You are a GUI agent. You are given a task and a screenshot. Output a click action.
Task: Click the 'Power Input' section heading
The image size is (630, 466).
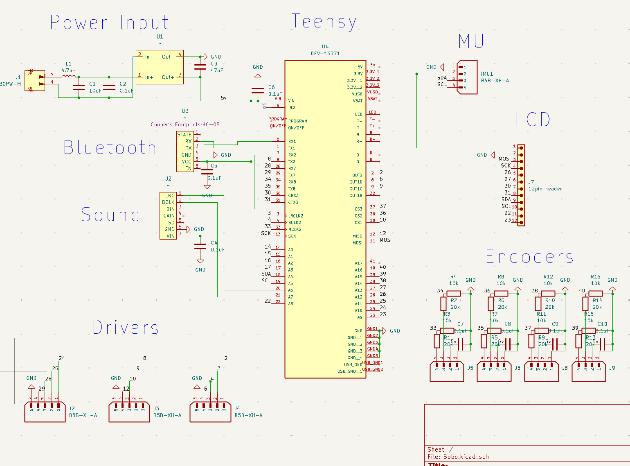click(x=109, y=23)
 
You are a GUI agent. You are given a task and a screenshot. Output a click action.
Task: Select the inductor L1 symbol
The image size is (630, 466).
click(x=69, y=76)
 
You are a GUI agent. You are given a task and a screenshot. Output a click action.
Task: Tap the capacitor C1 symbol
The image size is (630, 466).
click(x=79, y=87)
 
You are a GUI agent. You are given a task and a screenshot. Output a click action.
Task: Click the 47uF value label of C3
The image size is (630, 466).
click(x=217, y=70)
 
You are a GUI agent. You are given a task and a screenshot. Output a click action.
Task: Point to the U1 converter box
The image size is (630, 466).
click(x=160, y=67)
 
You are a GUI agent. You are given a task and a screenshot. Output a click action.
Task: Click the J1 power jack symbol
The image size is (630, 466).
click(x=35, y=80)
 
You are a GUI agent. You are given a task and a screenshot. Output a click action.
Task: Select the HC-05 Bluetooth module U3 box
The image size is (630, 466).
click(x=185, y=152)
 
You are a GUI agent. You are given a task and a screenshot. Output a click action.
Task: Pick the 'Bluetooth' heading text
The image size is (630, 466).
click(x=110, y=148)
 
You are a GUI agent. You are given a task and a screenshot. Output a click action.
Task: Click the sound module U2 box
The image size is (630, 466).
click(x=168, y=216)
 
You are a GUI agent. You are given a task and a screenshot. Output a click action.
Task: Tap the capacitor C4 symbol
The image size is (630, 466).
click(x=200, y=246)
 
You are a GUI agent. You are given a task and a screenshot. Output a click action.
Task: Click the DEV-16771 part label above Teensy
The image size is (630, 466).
click(x=325, y=54)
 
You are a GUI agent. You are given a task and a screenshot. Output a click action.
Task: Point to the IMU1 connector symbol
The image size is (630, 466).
click(x=467, y=77)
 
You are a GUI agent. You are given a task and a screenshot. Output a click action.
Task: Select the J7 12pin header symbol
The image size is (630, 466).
click(x=521, y=185)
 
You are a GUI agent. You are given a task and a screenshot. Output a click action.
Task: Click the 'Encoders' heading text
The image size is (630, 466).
click(x=529, y=257)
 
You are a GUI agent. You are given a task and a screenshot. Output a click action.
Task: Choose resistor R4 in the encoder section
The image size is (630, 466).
click(x=453, y=293)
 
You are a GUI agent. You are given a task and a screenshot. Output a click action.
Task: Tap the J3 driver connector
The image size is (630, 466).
click(x=129, y=412)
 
